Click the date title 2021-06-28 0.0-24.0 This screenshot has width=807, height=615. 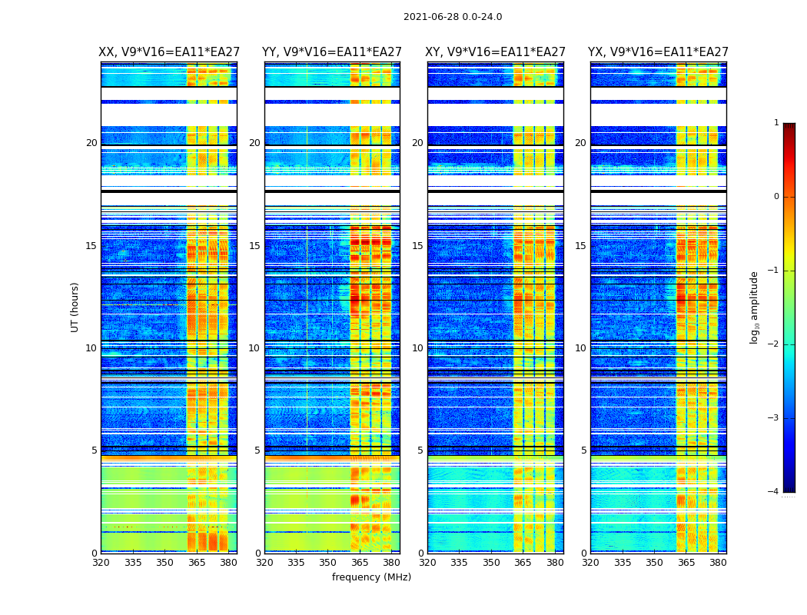(453, 17)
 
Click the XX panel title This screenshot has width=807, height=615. (169, 52)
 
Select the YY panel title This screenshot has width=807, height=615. (332, 52)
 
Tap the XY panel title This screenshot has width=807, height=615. (496, 52)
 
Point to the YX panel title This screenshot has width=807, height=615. (658, 52)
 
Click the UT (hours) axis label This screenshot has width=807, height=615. (75, 307)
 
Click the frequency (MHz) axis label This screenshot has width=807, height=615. (371, 577)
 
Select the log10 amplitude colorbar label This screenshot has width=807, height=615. (755, 307)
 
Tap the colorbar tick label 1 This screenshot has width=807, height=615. (776, 123)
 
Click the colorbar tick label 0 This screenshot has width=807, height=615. (776, 197)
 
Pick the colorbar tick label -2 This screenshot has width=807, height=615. (774, 344)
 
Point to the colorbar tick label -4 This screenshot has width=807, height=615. (774, 492)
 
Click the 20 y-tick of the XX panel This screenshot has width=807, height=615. (91, 143)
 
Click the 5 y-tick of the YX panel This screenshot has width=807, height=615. (583, 450)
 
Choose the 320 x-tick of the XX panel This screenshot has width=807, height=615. (101, 563)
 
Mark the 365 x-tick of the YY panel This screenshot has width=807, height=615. (360, 563)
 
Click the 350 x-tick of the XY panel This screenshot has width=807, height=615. (491, 563)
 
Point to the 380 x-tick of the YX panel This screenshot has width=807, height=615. (718, 563)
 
